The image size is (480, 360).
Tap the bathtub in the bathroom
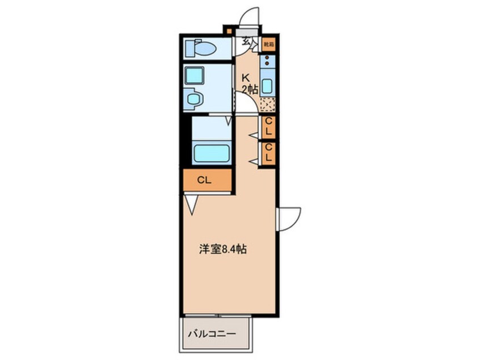tap(211, 153)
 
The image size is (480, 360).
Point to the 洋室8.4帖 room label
tap(222, 249)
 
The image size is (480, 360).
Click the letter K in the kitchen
tap(246, 78)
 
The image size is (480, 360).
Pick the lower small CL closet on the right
tap(268, 153)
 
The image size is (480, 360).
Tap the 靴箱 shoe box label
tap(268, 44)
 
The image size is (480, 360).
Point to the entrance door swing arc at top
tap(250, 17)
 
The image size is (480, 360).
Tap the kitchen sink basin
tap(268, 85)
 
